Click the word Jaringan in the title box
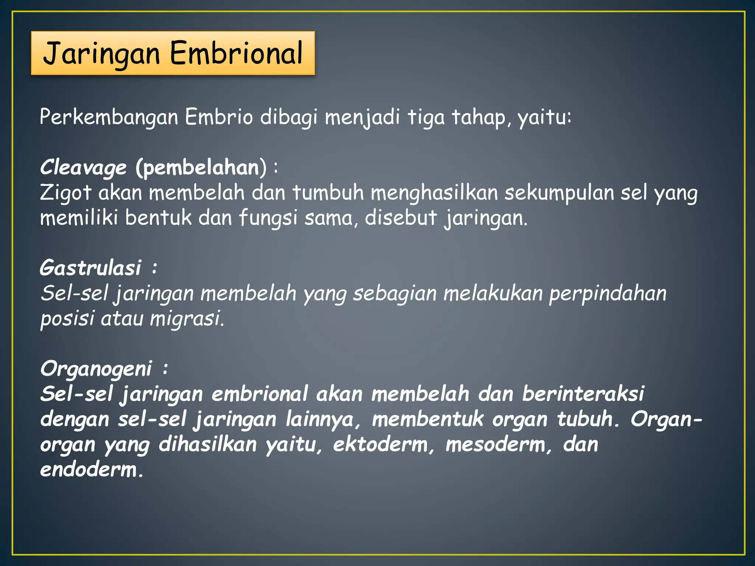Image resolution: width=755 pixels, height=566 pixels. coord(101,54)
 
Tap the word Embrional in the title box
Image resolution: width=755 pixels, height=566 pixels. coord(236,53)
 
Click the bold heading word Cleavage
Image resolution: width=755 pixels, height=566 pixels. coord(83,168)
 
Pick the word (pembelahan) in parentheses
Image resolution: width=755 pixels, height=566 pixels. coord(201,168)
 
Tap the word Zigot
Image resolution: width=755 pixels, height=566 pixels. coord(65,193)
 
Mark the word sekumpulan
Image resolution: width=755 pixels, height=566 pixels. coord(559,193)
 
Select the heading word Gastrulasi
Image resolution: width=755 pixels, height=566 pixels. coord(90,268)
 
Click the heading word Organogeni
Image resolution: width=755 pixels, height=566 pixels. coord(96,369)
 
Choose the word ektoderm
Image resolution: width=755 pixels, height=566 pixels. coord(380,444)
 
